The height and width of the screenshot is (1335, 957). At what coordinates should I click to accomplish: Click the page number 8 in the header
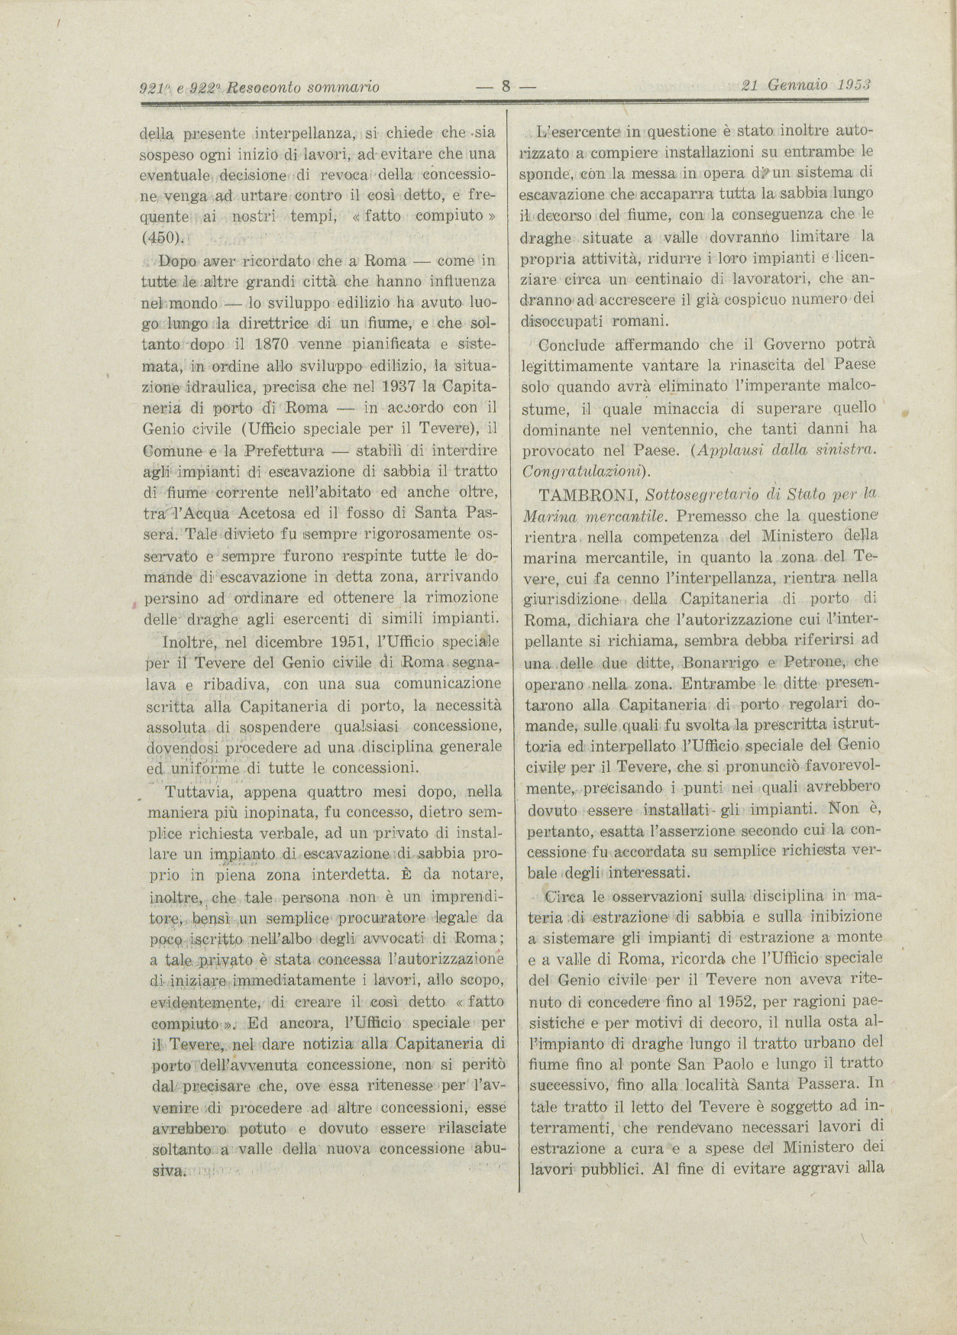coord(504,86)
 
